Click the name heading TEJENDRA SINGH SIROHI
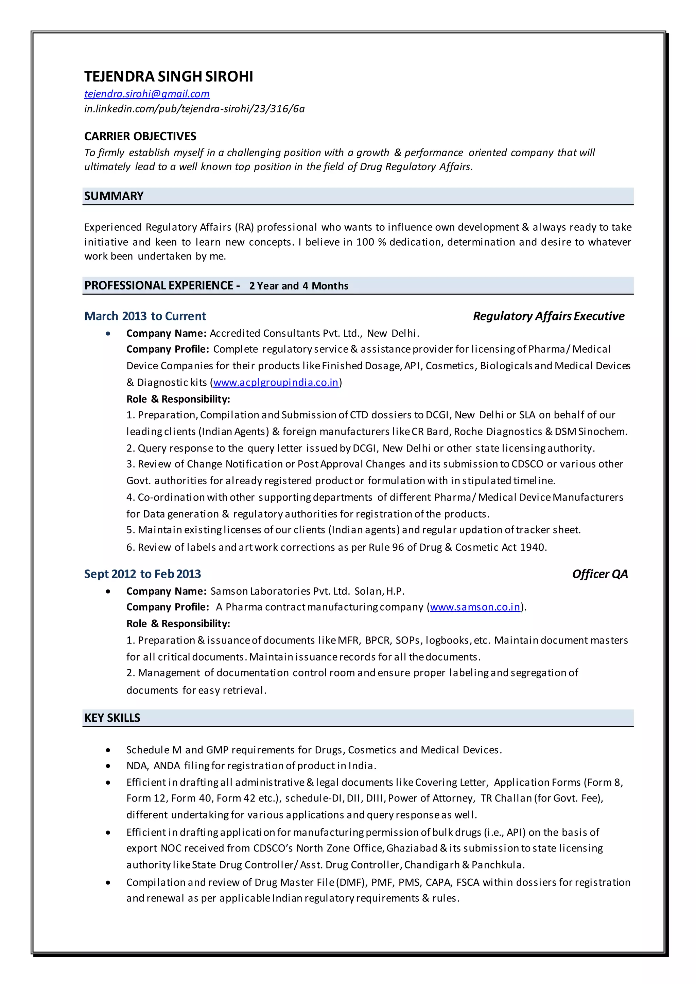[x=169, y=76]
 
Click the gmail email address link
[x=146, y=94]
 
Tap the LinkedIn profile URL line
[x=194, y=109]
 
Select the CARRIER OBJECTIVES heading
[x=140, y=136]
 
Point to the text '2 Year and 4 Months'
[x=298, y=286]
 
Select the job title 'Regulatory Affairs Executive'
[x=548, y=316]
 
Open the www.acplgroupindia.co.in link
[x=276, y=382]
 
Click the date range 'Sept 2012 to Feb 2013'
[x=142, y=574]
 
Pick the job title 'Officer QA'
[x=599, y=574]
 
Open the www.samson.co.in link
[x=475, y=607]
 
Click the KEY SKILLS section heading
[x=112, y=718]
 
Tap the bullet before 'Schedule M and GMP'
[x=108, y=750]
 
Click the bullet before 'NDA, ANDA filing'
[x=108, y=766]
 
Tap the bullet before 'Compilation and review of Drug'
[x=108, y=882]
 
